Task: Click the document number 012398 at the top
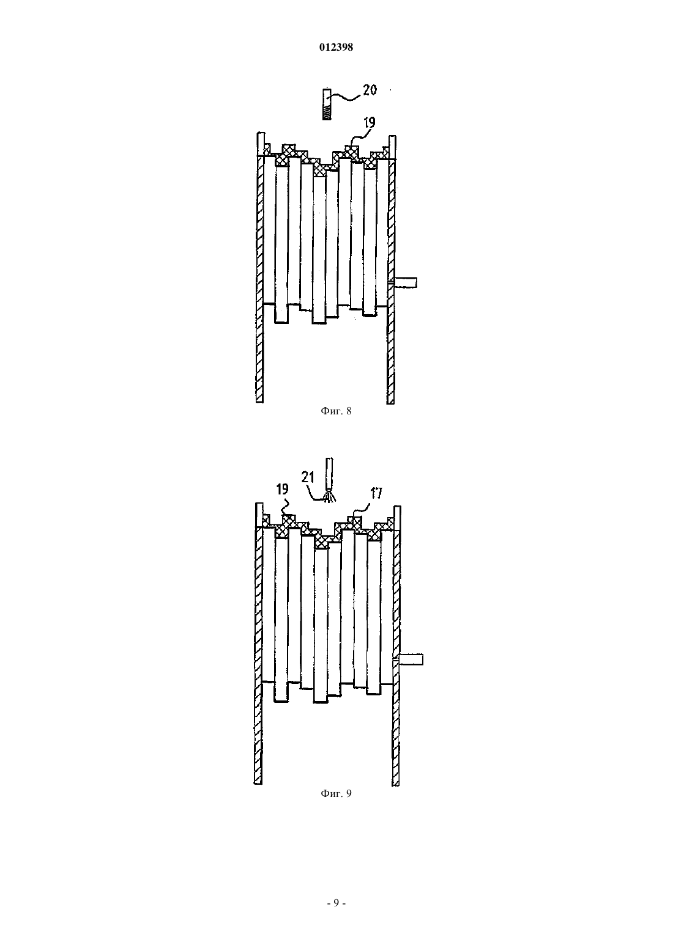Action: pyautogui.click(x=336, y=47)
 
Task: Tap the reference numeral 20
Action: pyautogui.click(x=370, y=90)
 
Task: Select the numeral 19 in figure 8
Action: pyautogui.click(x=369, y=123)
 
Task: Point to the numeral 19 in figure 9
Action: pyautogui.click(x=283, y=489)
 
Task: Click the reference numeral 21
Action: pyautogui.click(x=308, y=477)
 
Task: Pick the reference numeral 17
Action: pyautogui.click(x=376, y=493)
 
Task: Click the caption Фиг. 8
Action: pyautogui.click(x=336, y=411)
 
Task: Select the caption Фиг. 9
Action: pyautogui.click(x=336, y=793)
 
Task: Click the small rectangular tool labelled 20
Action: pyautogui.click(x=326, y=104)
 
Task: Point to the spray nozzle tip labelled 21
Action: pyautogui.click(x=329, y=497)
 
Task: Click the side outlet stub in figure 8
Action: pyautogui.click(x=406, y=282)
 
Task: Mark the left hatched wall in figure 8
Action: pyautogui.click(x=260, y=268)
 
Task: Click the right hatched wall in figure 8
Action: pyautogui.click(x=392, y=270)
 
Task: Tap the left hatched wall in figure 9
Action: pyautogui.click(x=259, y=643)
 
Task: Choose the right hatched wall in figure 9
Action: pyautogui.click(x=396, y=645)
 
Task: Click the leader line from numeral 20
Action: pyautogui.click(x=346, y=98)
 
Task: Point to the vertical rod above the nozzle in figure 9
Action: pyautogui.click(x=329, y=475)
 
